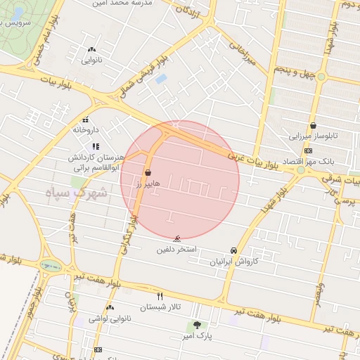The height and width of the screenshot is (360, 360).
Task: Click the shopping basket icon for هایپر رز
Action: point(148,172)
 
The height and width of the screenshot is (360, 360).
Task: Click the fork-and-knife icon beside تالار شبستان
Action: point(160,296)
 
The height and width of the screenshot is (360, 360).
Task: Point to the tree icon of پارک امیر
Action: point(196,325)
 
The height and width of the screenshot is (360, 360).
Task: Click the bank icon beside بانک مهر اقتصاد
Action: point(308,151)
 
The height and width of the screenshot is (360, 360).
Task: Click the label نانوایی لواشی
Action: point(111,319)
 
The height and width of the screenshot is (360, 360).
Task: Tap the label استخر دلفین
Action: point(176,250)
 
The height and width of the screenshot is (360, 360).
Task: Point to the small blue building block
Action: point(160,78)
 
